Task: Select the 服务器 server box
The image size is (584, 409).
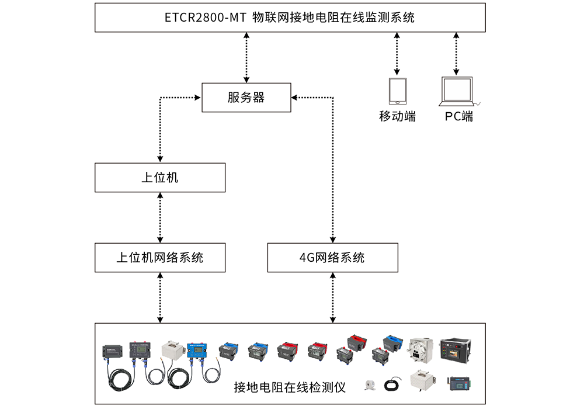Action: pyautogui.click(x=246, y=98)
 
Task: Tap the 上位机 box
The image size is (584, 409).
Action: pyautogui.click(x=160, y=178)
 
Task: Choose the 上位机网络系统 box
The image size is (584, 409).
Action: pyautogui.click(x=160, y=257)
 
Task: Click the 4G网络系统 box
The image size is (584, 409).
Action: pyautogui.click(x=332, y=257)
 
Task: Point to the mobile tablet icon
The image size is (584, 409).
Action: pyautogui.click(x=397, y=91)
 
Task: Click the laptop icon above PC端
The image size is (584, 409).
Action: pyautogui.click(x=458, y=91)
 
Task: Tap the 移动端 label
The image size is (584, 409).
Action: pyautogui.click(x=397, y=116)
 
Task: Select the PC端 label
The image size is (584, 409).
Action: pyautogui.click(x=458, y=116)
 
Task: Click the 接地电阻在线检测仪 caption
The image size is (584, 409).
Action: pyautogui.click(x=290, y=387)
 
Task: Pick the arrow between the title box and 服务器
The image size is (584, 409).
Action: pyautogui.click(x=246, y=57)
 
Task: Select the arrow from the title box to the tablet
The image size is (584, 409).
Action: pyautogui.click(x=397, y=53)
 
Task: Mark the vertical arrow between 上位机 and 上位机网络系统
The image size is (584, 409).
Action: pyautogui.click(x=160, y=217)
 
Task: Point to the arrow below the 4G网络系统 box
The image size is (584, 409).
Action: pyautogui.click(x=332, y=297)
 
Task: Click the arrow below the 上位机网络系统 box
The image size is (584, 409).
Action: pyautogui.click(x=160, y=297)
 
